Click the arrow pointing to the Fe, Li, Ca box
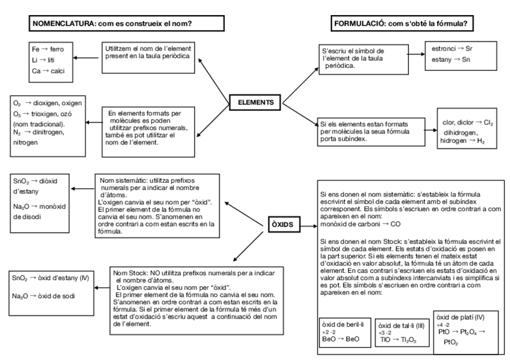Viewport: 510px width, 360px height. [x=85, y=58]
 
